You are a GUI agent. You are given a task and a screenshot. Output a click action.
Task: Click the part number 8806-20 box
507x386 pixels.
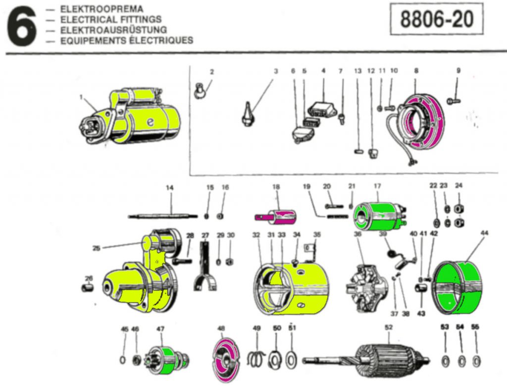tap(436, 20)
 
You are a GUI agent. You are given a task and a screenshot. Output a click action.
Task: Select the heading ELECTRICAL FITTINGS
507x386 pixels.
tap(110, 19)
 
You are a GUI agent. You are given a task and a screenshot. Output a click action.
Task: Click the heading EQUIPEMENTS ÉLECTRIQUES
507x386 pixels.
tap(127, 40)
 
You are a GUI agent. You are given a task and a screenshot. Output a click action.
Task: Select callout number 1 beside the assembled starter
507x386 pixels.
tap(81, 97)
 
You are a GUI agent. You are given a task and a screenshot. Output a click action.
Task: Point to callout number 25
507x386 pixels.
tap(97, 248)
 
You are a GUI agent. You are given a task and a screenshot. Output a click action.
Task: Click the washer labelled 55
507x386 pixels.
tap(476, 360)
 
